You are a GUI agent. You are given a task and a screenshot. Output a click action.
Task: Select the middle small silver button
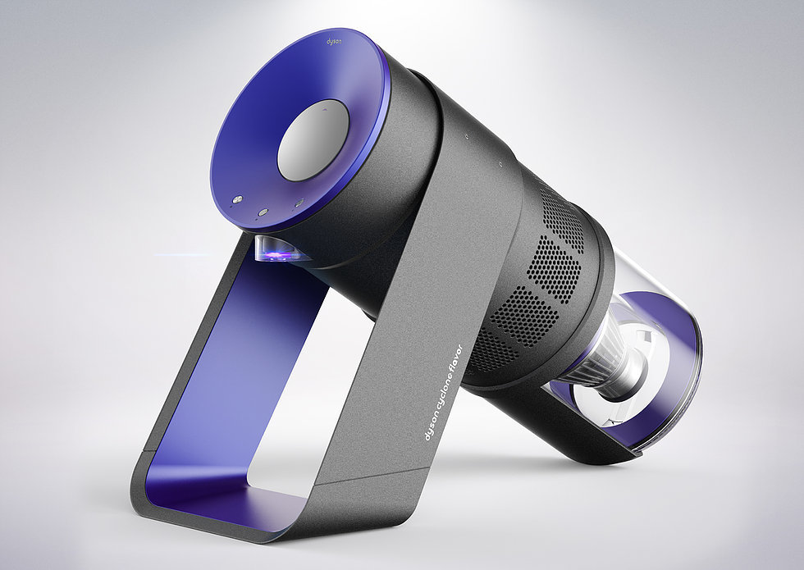click(x=263, y=211)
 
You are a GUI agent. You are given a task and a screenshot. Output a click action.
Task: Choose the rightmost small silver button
click(x=299, y=203)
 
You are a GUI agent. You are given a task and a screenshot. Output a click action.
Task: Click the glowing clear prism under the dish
click(x=277, y=251)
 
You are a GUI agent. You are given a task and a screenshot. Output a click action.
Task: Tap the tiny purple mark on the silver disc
click(x=326, y=105)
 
